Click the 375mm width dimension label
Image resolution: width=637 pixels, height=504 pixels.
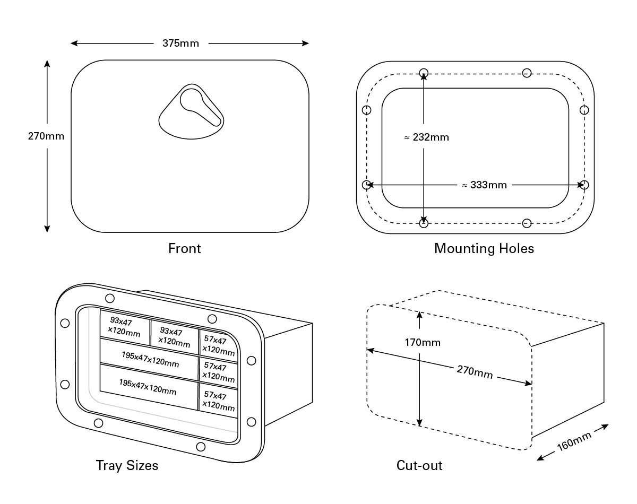click(x=180, y=43)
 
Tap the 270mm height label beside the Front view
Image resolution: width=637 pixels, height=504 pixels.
click(x=46, y=136)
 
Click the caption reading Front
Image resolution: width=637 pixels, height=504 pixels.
click(x=184, y=248)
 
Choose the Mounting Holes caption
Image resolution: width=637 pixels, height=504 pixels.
click(x=484, y=248)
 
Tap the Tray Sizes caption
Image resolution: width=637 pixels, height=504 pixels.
click(x=127, y=466)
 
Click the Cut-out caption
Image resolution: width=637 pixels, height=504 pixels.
click(x=419, y=466)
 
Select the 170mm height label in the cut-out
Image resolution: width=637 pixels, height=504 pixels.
click(x=423, y=342)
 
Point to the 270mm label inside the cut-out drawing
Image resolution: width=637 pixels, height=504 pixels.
click(x=475, y=372)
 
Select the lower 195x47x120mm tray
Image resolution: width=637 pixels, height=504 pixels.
click(x=147, y=386)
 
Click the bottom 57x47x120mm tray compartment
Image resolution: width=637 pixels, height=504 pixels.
click(x=219, y=401)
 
